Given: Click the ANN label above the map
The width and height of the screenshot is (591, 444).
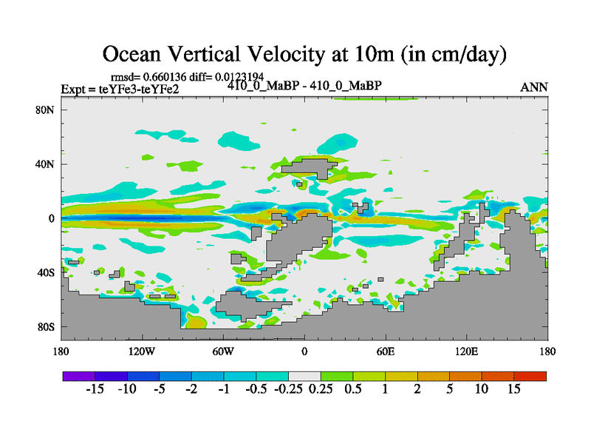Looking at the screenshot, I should pos(534,87).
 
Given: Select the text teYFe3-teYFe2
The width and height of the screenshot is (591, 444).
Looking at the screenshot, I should pos(139,90).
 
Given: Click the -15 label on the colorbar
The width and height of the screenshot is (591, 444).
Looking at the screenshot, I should pos(95,389).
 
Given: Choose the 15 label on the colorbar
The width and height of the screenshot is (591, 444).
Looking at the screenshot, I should pos(514,389).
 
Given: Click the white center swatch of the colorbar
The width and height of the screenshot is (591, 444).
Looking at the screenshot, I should pos(304,376).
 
